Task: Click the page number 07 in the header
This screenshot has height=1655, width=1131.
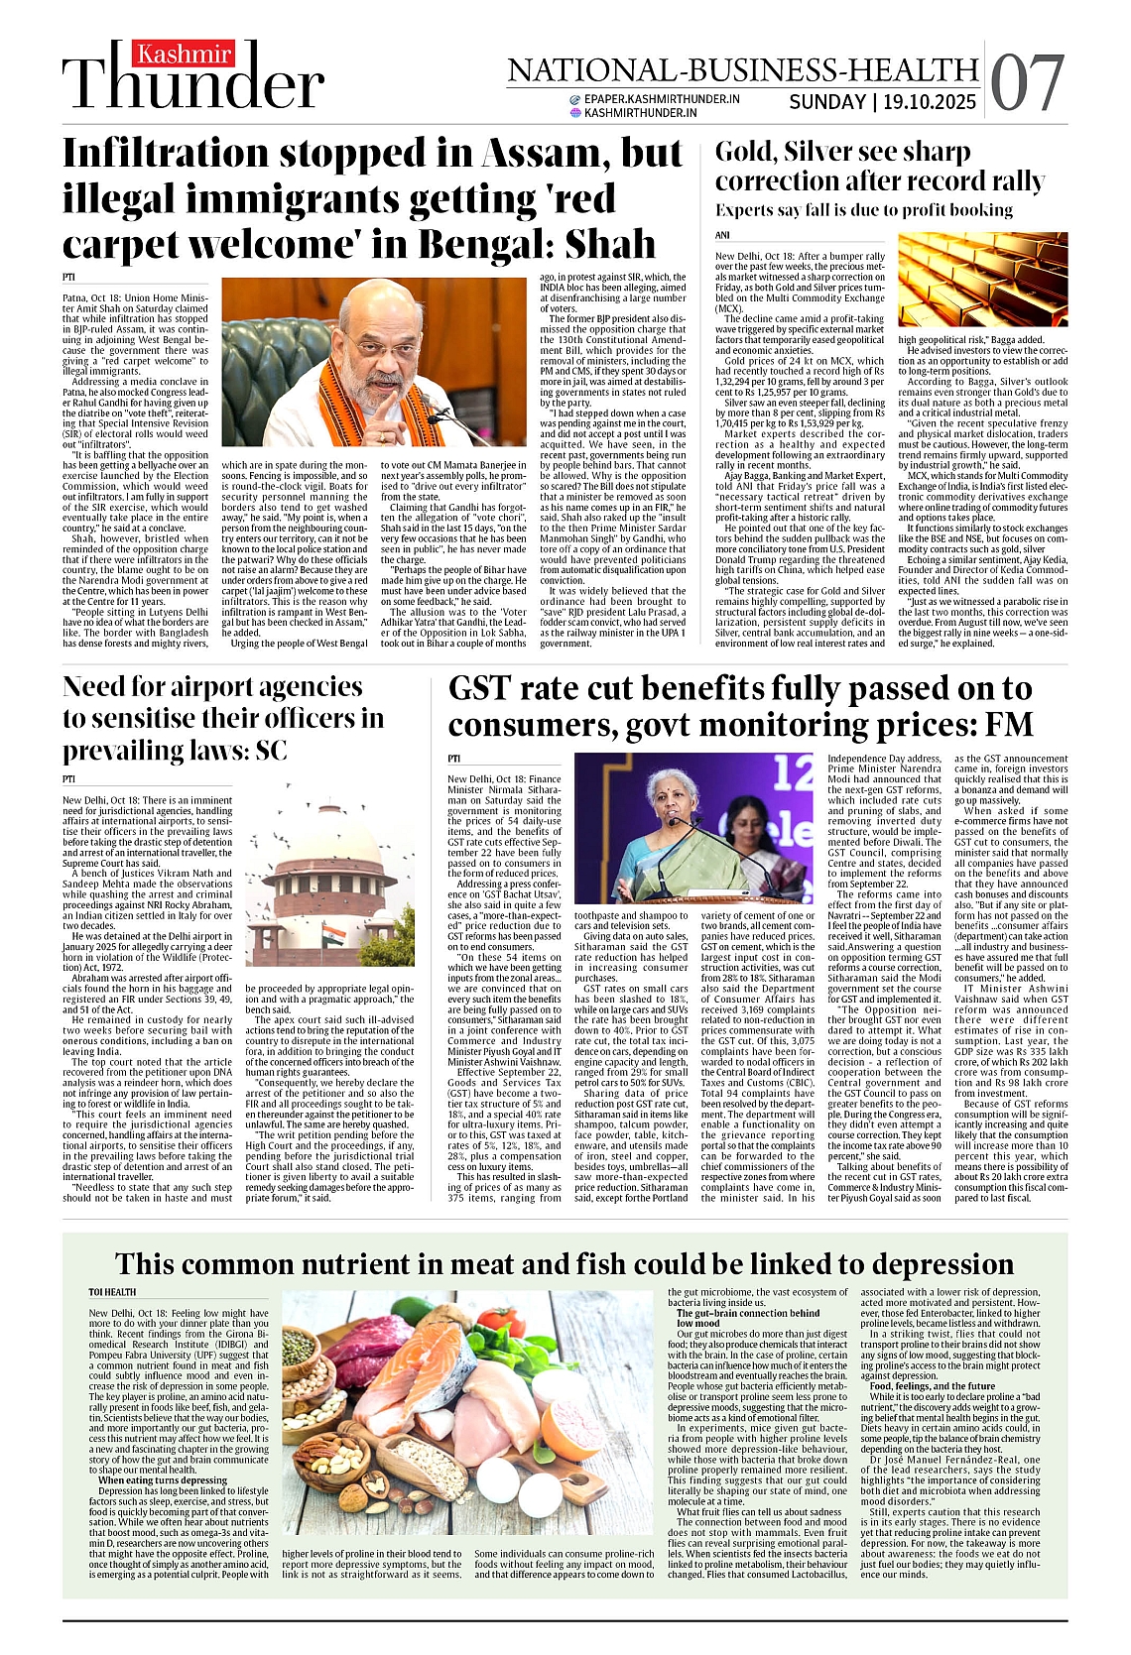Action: [1028, 82]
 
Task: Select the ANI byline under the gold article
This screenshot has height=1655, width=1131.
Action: [722, 235]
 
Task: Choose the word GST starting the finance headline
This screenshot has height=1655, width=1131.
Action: [483, 688]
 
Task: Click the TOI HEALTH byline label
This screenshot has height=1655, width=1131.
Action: [112, 1292]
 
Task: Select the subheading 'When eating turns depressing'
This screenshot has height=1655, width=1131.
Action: [163, 1480]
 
